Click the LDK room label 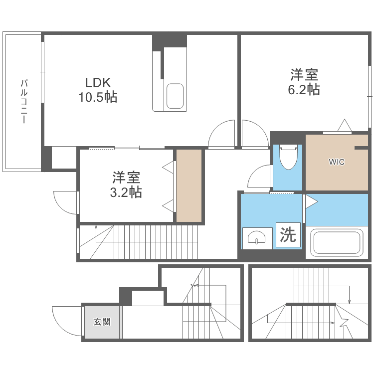97,82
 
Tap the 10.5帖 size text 97,97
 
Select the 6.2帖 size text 304,90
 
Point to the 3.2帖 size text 126,192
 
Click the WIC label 336,162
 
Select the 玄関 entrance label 102,322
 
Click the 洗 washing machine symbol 288,235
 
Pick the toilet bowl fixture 288,158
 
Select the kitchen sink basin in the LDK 175,96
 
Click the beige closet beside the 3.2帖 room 189,186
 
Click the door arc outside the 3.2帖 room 65,202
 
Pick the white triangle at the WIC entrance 344,126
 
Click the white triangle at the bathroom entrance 310,201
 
